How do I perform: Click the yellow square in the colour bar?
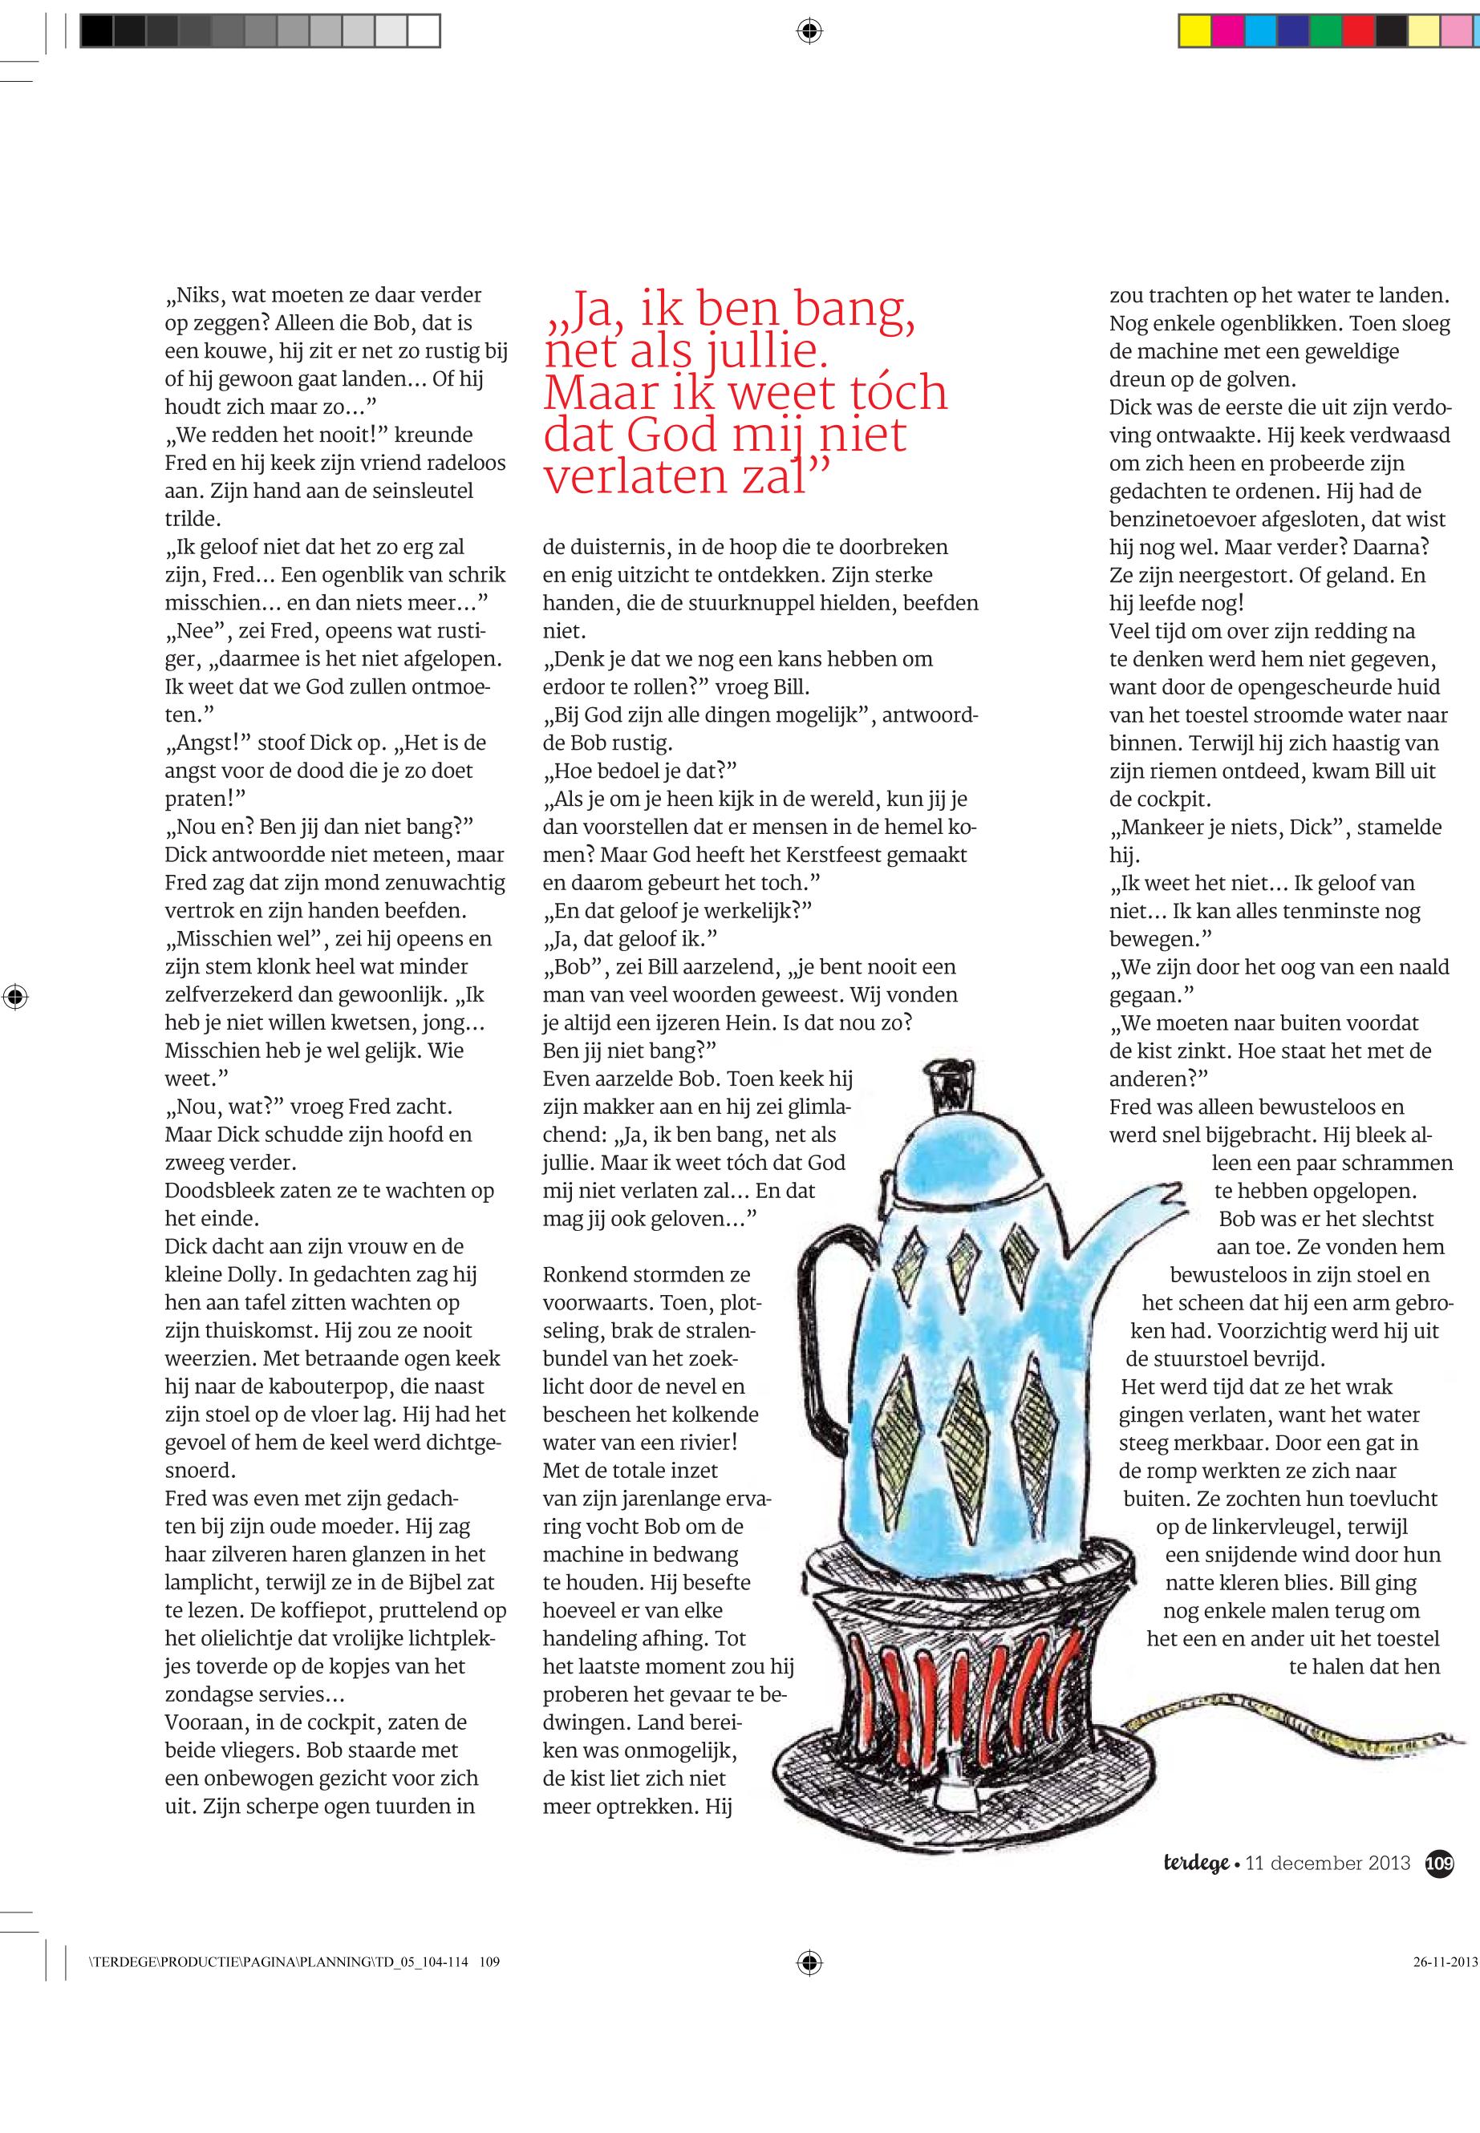pyautogui.click(x=1194, y=32)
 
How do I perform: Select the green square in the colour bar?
pyautogui.click(x=1324, y=32)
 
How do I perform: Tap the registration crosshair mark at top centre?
pyautogui.click(x=809, y=32)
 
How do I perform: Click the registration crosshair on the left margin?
pyautogui.click(x=14, y=998)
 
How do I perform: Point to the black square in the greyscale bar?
pyautogui.click(x=96, y=32)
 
